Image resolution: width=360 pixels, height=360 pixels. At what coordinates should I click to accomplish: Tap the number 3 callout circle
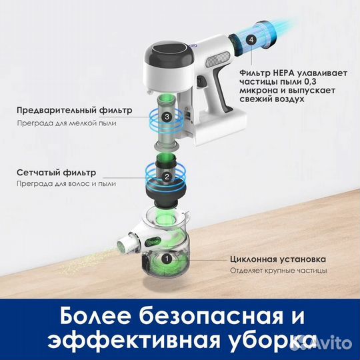point(166,117)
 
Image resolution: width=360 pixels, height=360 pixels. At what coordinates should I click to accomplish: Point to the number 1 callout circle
point(167,256)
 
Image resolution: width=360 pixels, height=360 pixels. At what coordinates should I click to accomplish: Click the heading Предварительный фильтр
point(75,109)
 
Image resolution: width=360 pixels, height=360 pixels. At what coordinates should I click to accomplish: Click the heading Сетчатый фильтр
point(57,171)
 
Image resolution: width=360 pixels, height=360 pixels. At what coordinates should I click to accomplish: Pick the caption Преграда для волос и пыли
point(67,184)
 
